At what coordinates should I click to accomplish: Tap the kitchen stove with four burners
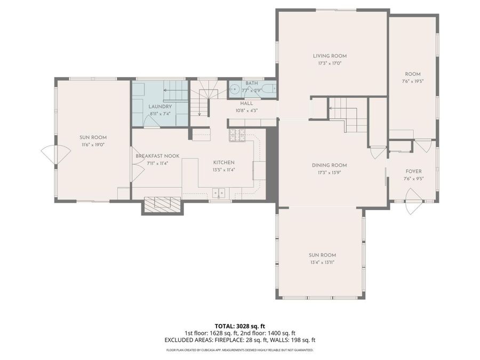[238, 136]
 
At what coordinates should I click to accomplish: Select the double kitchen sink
[219, 193]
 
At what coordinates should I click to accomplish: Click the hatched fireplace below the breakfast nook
[162, 204]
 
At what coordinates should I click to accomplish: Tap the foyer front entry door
[414, 206]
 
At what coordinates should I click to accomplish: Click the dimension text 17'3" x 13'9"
[330, 173]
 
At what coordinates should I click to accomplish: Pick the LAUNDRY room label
[159, 107]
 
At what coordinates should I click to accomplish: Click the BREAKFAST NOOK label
[157, 156]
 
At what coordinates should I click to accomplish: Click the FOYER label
[413, 172]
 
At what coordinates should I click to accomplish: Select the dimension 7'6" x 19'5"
[413, 82]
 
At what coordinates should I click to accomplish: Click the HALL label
[246, 103]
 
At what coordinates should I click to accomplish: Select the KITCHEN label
[223, 163]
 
